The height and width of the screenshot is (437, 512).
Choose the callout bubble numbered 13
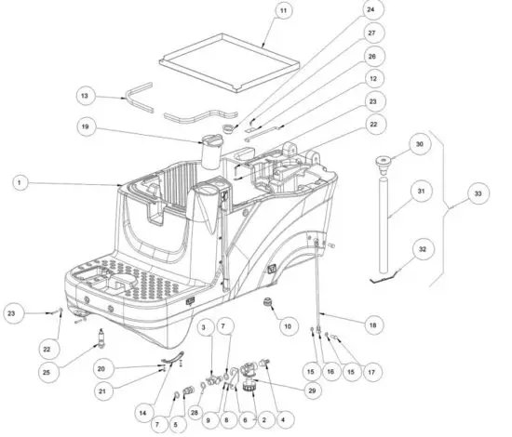pos(85,96)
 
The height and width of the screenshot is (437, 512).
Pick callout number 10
pos(287,326)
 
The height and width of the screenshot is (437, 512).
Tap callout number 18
pos(372,325)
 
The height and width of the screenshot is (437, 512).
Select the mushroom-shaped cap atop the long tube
pos(382,165)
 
